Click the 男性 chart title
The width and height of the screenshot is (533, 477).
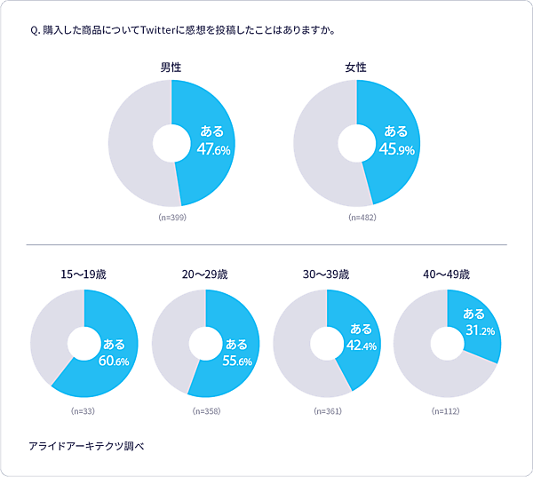(171, 68)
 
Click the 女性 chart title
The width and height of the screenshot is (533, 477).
(356, 68)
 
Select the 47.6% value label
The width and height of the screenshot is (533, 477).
(213, 150)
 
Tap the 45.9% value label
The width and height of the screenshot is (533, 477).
(397, 150)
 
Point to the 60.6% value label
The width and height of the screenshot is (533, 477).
(115, 362)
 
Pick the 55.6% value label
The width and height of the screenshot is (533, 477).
(236, 362)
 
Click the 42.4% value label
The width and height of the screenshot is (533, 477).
(361, 346)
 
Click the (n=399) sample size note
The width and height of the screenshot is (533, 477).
(171, 217)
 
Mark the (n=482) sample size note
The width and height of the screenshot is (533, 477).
(356, 217)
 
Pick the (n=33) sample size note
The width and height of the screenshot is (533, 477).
(84, 411)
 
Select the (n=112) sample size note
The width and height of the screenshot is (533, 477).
(447, 411)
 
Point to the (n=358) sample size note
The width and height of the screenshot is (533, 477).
(205, 411)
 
